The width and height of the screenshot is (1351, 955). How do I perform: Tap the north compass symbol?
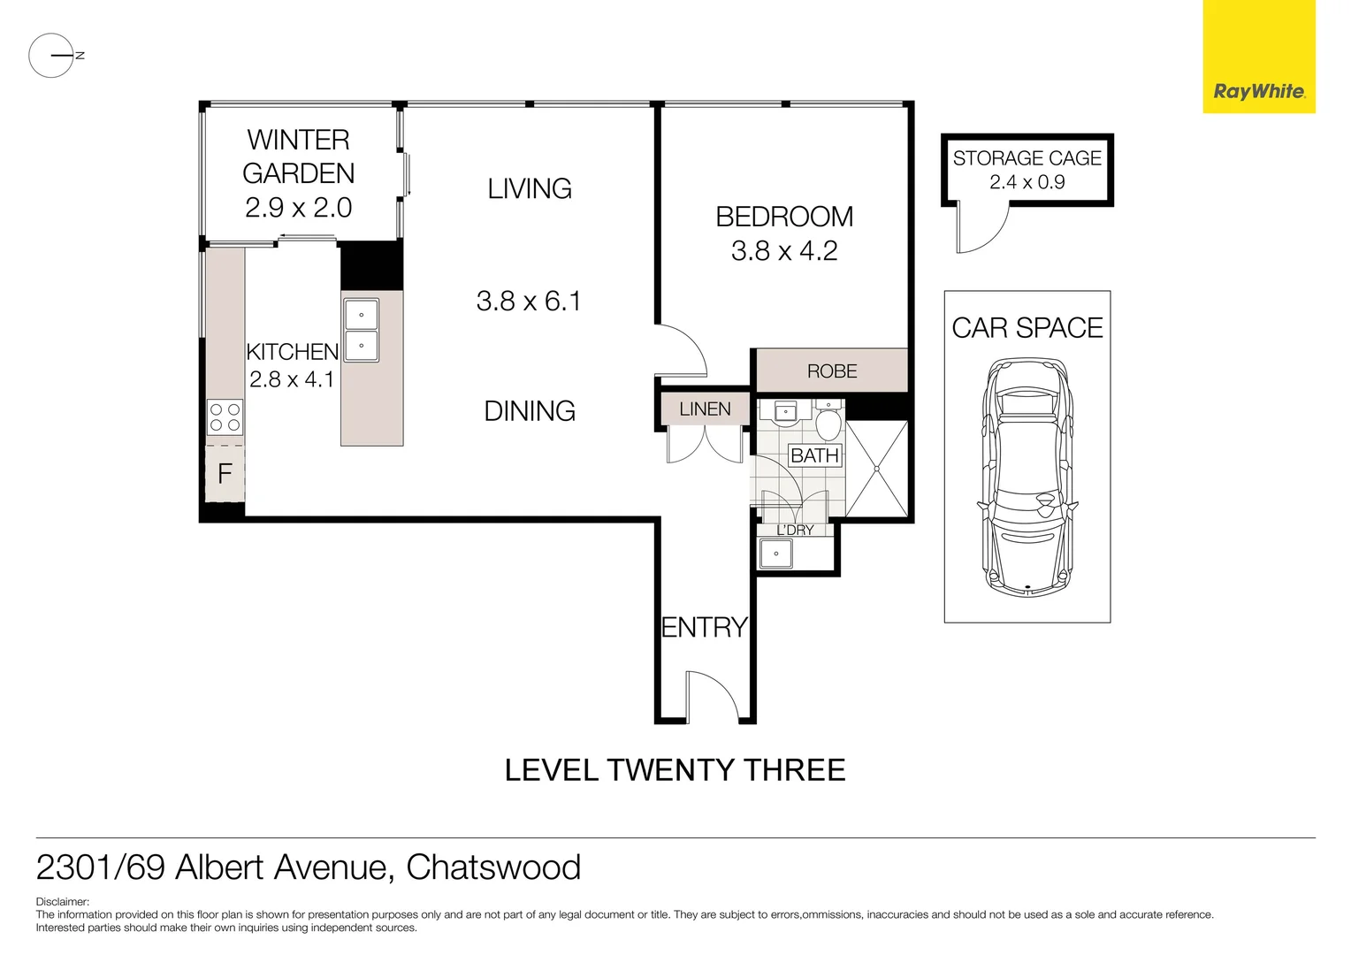point(51,56)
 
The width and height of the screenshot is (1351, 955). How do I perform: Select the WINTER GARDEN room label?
point(299,157)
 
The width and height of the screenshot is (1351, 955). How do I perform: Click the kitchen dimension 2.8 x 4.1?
point(292,379)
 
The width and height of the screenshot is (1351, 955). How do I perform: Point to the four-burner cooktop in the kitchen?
point(225,417)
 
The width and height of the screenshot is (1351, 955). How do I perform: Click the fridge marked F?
point(225,474)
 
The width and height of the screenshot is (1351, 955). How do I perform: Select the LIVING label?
point(530,188)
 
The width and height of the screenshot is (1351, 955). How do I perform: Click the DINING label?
point(530,410)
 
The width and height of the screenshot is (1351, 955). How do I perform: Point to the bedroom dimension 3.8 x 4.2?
point(784,251)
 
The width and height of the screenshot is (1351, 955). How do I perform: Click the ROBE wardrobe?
point(832,371)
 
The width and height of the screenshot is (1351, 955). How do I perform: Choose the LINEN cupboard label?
point(705,409)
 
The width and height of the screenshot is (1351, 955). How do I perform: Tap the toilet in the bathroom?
point(828,423)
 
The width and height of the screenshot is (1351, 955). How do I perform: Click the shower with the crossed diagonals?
point(877,470)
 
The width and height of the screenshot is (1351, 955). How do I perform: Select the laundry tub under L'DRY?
point(776,554)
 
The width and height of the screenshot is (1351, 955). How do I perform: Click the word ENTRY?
point(705,628)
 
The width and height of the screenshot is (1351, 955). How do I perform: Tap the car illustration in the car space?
point(1027,477)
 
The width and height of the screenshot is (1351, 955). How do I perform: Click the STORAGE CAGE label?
point(1027,158)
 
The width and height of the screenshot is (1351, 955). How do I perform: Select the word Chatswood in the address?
point(493,867)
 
